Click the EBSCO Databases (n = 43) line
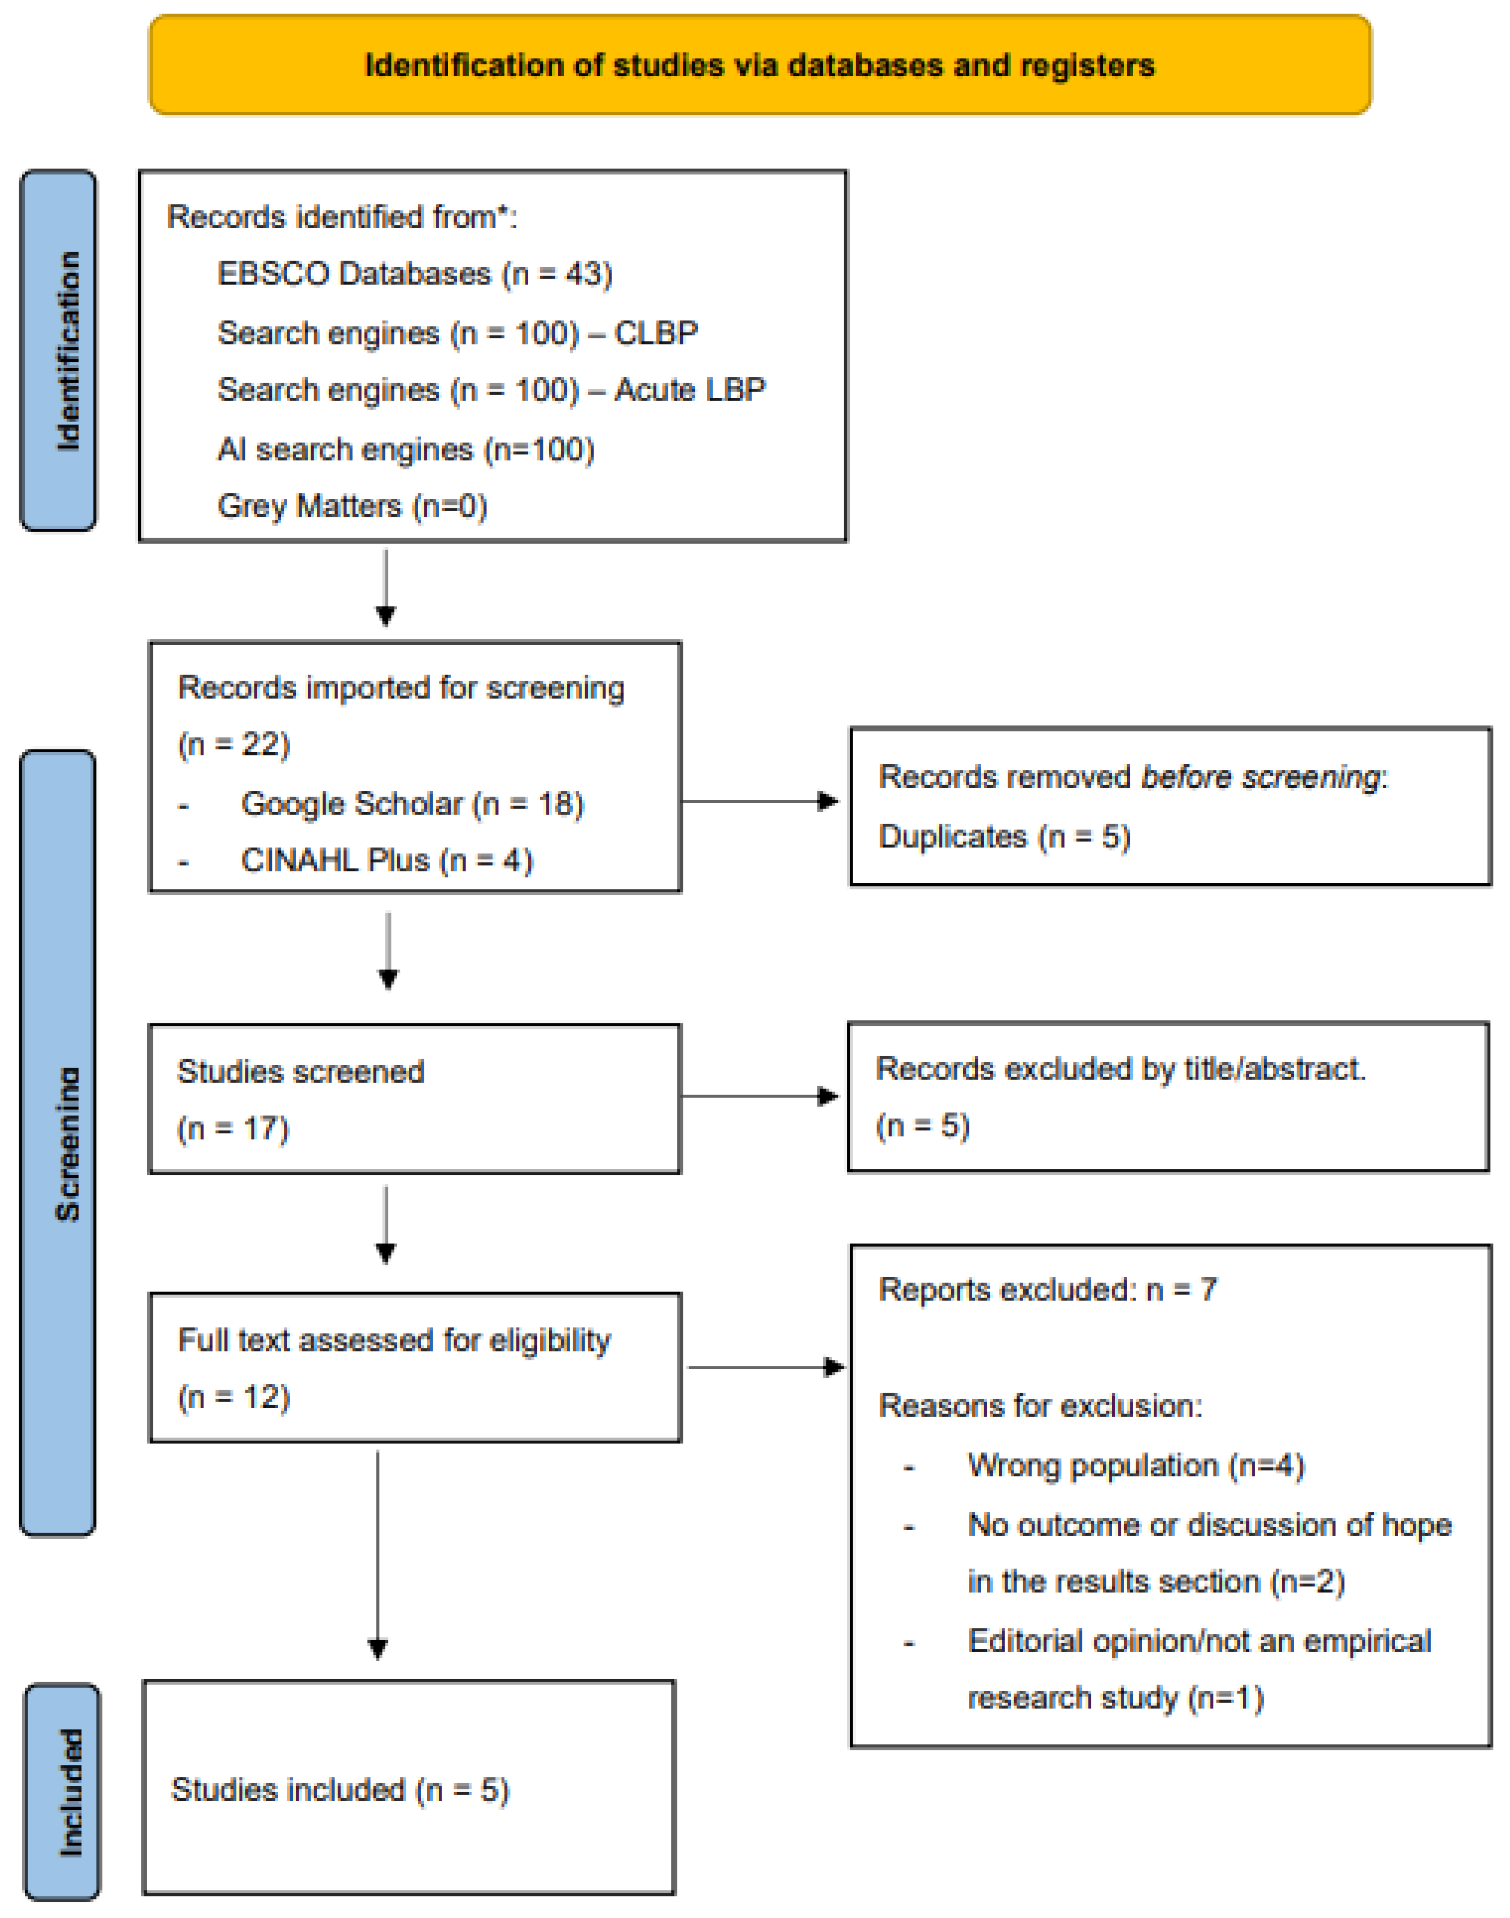[414, 274]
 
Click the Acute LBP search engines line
[492, 390]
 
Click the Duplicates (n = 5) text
[1004, 837]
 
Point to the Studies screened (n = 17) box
[414, 1099]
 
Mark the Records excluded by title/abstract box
[1168, 1097]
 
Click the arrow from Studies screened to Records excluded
[760, 1097]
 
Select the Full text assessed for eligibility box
[414, 1368]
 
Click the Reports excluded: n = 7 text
[1047, 1290]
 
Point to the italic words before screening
[1261, 777]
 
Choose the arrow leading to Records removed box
[760, 801]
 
